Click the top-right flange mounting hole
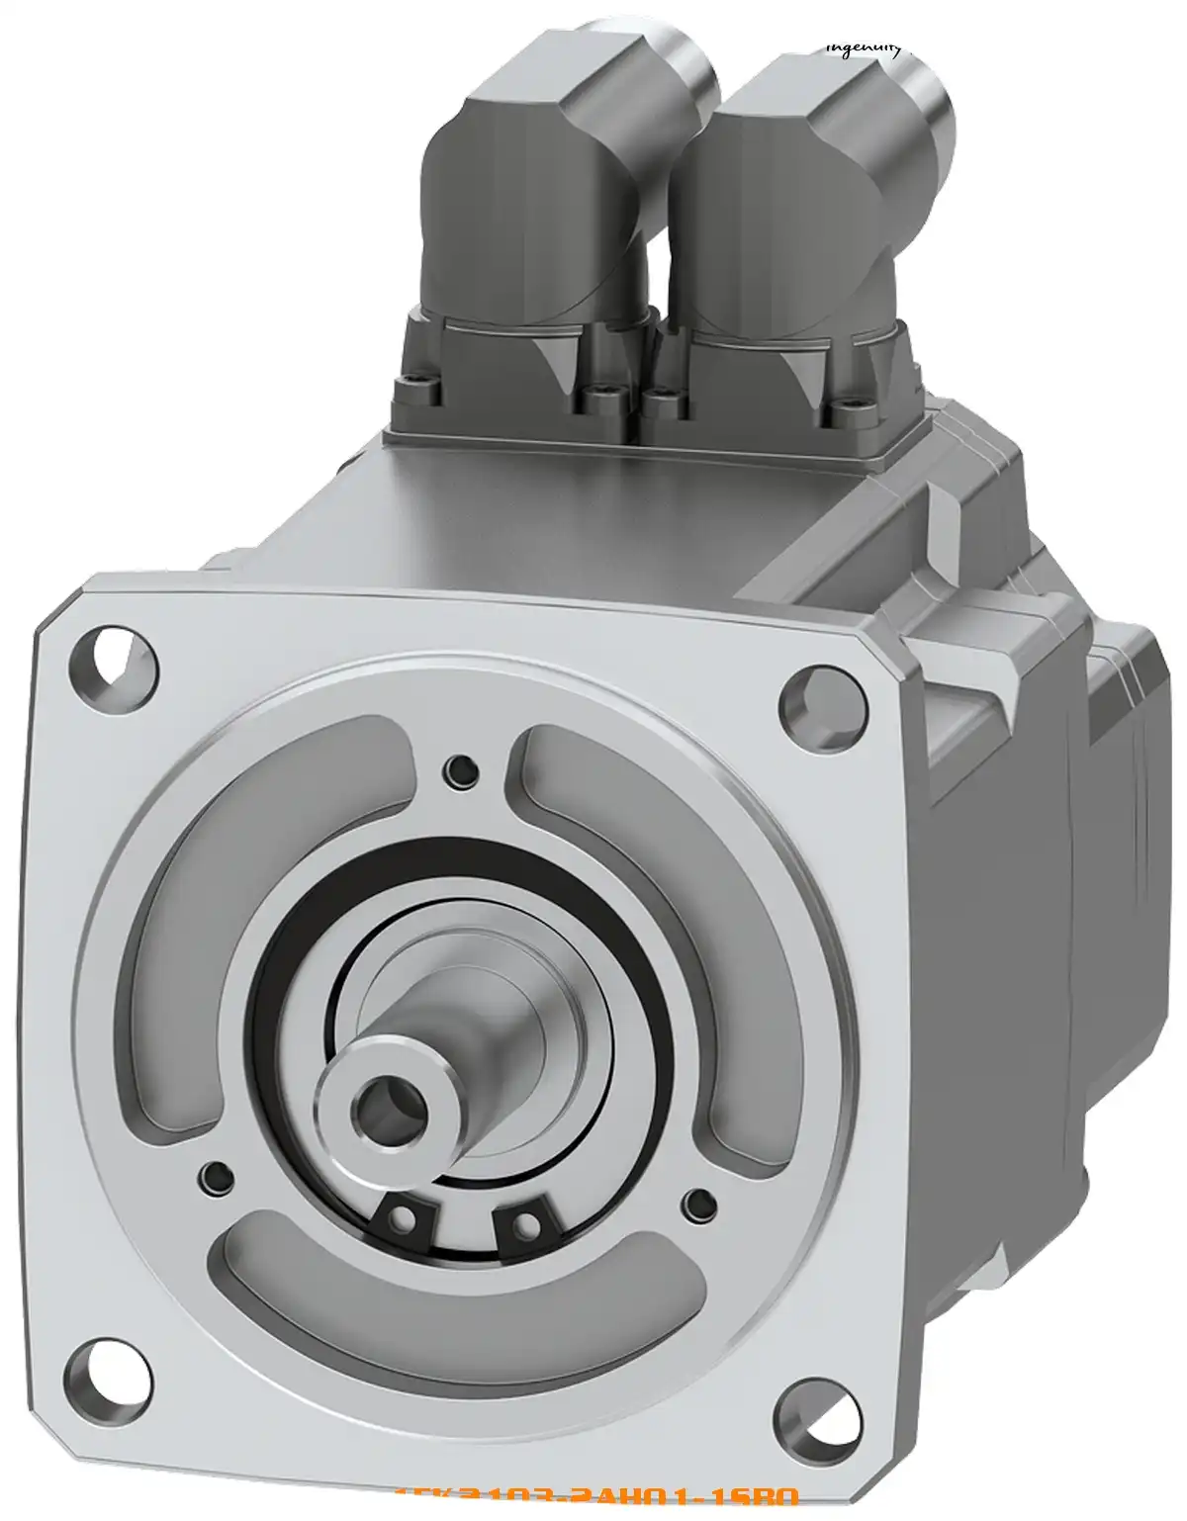point(819,702)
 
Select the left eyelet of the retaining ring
point(404,1218)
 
